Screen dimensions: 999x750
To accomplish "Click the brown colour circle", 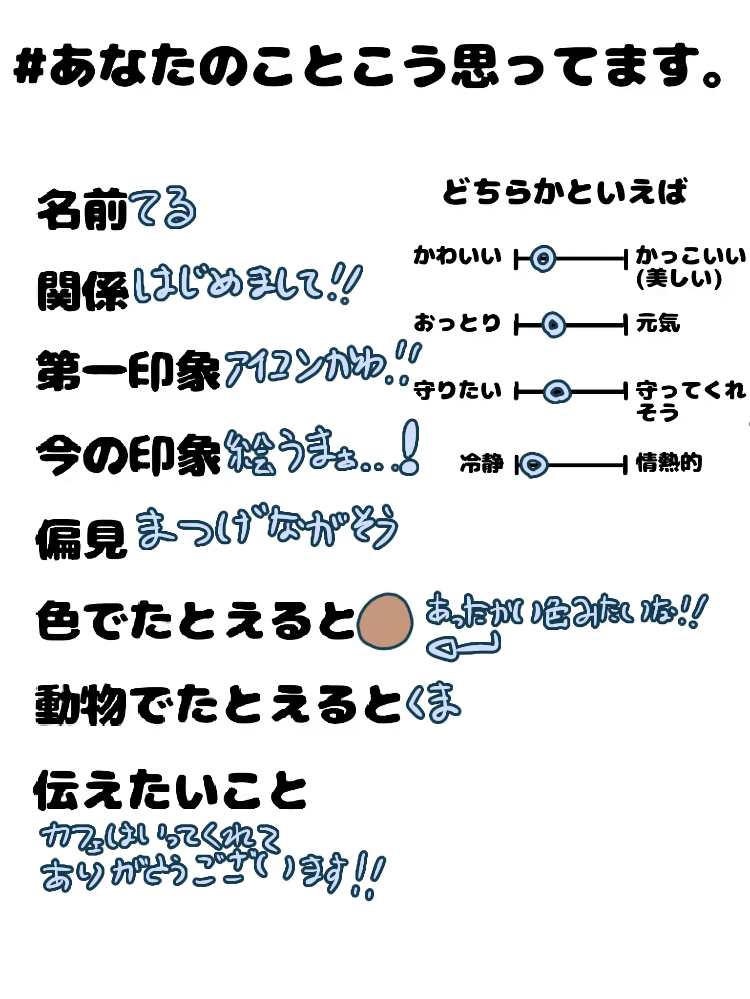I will pos(385,621).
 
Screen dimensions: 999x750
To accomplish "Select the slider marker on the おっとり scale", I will pos(553,325).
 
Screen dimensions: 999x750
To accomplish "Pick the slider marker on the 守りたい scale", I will pos(557,392).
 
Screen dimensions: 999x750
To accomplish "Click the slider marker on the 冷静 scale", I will pos(534,465).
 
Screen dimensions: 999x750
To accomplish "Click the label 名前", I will pos(82,210).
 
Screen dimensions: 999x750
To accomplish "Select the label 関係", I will pos(82,291).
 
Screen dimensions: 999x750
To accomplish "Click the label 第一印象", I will pos(128,371).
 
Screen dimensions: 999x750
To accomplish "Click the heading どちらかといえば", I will pos(564,191).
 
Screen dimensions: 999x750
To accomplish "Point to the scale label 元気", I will pos(658,323).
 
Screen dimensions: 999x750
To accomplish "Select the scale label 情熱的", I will pos(668,463).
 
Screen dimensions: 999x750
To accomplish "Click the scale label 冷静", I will pos(481,463).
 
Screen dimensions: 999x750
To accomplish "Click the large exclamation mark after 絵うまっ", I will pos(409,447).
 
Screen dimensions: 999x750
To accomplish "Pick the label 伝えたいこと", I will pos(169,791).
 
